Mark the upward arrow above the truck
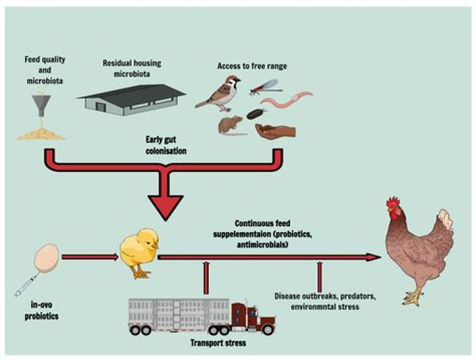pos(207,278)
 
